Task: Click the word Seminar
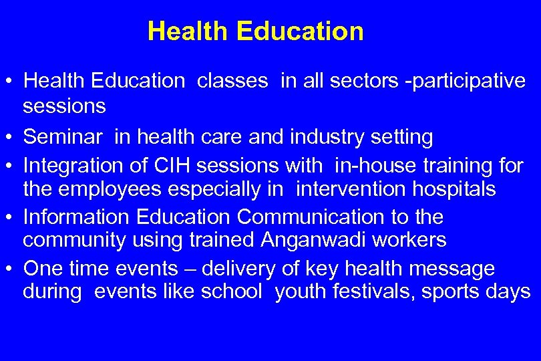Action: (x=63, y=137)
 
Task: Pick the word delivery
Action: (x=238, y=269)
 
